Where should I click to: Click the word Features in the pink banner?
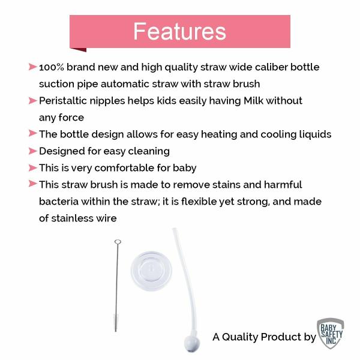pos(179,31)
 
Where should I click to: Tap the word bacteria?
pos(61,202)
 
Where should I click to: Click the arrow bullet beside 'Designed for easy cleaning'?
pos(32,151)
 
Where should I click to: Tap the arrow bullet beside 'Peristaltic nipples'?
pos(32,100)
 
